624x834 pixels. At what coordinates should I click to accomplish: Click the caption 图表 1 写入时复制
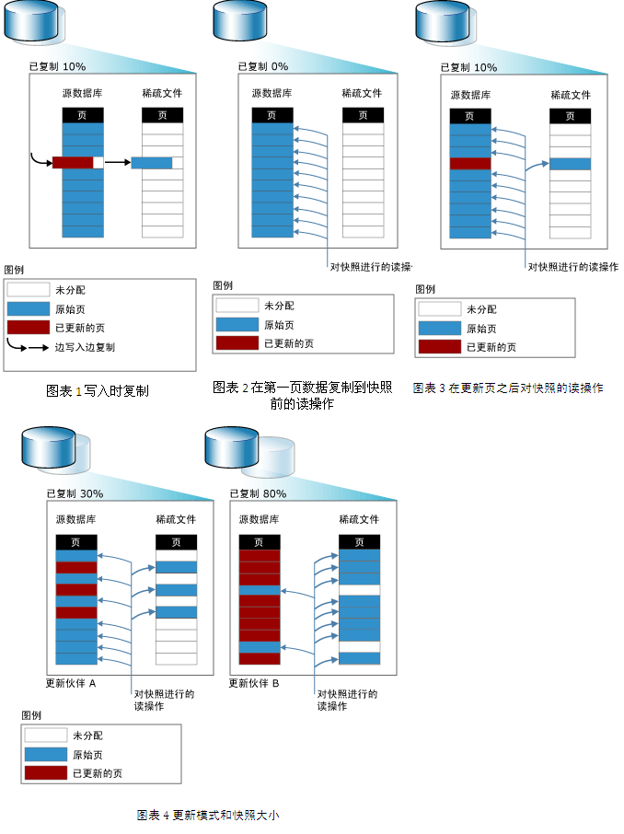(x=98, y=390)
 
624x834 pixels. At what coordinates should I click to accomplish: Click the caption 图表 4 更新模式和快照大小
(x=207, y=815)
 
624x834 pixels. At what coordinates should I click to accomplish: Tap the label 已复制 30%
(x=75, y=493)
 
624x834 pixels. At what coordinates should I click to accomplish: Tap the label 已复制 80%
(x=258, y=493)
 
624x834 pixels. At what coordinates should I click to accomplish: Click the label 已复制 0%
(x=263, y=66)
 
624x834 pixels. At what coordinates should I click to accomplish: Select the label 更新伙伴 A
(x=71, y=683)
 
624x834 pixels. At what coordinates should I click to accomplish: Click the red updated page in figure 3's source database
(x=470, y=163)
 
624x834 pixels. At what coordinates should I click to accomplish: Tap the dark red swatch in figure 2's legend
(x=237, y=343)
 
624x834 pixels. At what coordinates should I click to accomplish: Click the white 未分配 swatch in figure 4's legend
(x=46, y=736)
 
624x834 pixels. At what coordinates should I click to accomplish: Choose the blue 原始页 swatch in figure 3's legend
(x=439, y=329)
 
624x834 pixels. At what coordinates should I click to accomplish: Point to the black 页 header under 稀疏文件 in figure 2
(x=363, y=115)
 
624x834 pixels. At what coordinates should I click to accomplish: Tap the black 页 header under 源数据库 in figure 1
(x=83, y=115)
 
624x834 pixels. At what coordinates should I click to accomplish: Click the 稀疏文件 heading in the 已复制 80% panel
(x=359, y=519)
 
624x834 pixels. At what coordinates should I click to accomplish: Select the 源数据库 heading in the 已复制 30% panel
(x=75, y=519)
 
